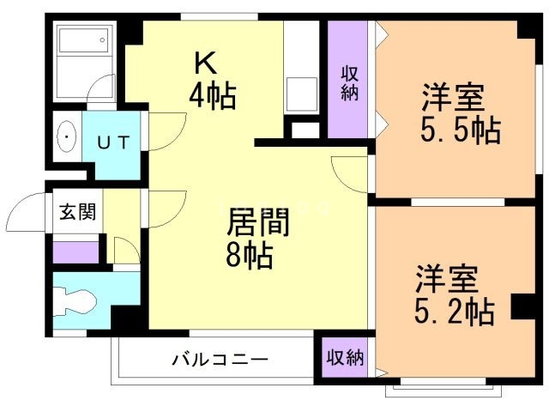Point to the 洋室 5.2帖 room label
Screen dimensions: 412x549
455,296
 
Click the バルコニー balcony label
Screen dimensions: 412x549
220,359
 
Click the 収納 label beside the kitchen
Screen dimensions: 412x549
349,82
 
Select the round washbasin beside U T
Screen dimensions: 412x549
66,136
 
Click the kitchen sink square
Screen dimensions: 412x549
301,90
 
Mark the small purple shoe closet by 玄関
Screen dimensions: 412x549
76,252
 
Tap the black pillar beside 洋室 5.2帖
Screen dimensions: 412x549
522,306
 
